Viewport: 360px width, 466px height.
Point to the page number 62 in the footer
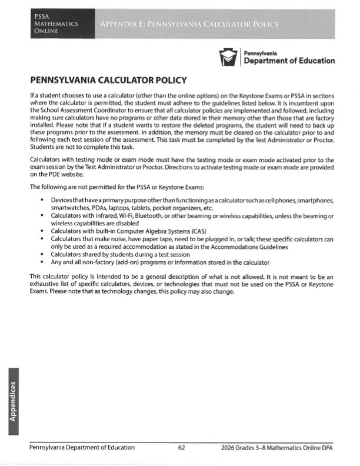coord(182,448)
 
